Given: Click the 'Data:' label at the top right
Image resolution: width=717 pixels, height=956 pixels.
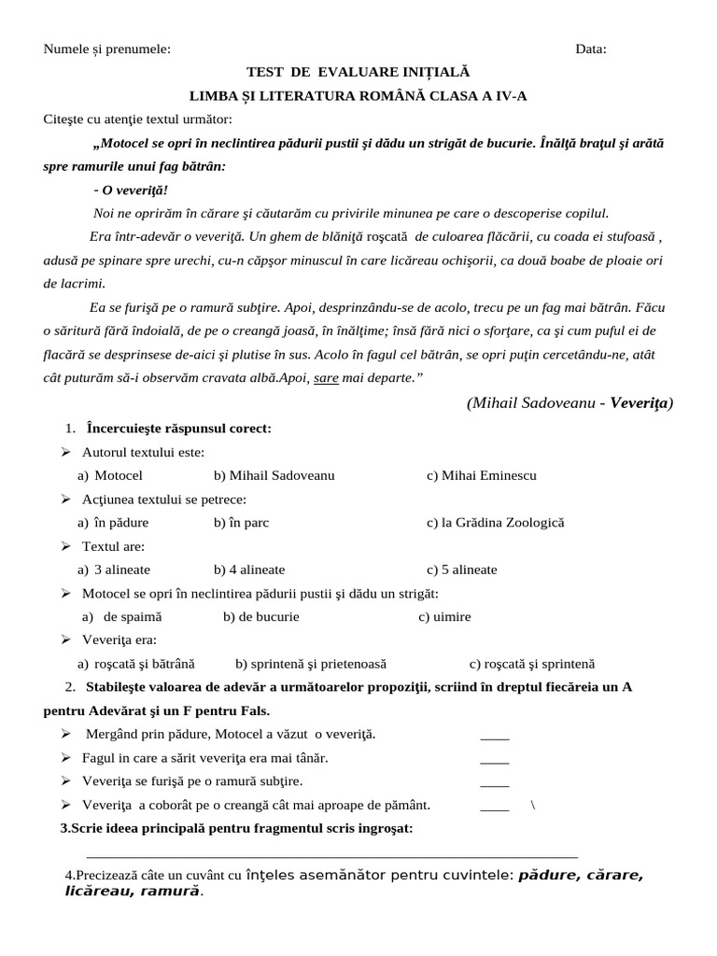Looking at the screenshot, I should pos(590,49).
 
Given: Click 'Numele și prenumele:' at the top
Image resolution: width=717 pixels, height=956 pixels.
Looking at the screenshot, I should pos(107,49).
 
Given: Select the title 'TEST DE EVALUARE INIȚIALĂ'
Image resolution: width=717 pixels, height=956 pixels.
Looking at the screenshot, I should pos(358,72).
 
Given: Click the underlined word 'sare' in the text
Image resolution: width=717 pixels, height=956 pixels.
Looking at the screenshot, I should pos(326,377).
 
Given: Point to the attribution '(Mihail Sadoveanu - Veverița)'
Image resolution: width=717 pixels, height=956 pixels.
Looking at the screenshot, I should pos(569,402).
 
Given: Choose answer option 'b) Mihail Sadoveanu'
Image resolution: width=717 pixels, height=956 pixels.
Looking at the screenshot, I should pos(274,475).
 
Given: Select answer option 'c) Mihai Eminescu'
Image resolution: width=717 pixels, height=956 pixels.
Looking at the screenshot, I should pos(482,475).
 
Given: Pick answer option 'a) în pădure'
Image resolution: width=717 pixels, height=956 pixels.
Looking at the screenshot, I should pos(113,523).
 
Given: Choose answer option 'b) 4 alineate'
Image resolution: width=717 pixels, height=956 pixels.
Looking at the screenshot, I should pos(249,569).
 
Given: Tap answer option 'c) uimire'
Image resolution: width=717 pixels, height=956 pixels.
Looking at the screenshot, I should pos(444,617).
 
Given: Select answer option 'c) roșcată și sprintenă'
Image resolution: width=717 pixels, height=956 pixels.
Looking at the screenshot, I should pos(532,664).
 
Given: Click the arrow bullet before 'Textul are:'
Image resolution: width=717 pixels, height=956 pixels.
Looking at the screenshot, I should pos(66,546).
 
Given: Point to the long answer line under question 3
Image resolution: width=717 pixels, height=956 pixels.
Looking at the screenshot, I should pos(331,854).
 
